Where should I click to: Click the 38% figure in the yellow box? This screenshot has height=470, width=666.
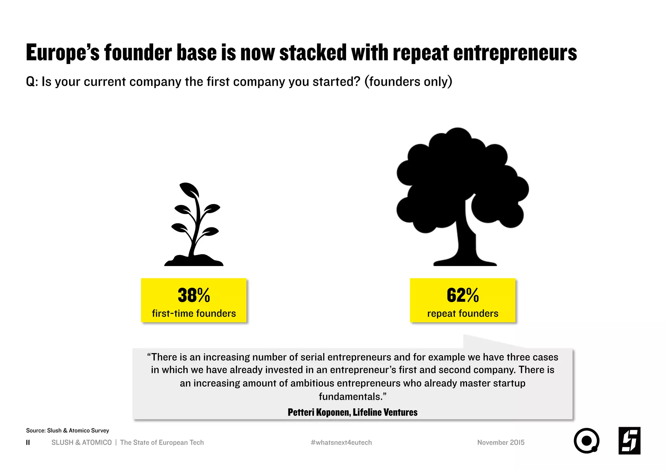click(194, 295)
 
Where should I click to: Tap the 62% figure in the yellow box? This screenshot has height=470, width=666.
click(462, 295)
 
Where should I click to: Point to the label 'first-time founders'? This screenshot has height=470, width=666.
click(194, 313)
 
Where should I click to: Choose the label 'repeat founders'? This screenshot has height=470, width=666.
click(462, 313)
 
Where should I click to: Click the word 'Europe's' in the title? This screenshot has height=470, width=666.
click(63, 53)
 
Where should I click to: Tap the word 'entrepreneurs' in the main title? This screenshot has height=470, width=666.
click(515, 53)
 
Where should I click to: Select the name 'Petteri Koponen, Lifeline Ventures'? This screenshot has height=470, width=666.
click(353, 412)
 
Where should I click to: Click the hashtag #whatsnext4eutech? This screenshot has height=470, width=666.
click(341, 442)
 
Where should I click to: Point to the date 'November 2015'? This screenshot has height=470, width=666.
click(501, 442)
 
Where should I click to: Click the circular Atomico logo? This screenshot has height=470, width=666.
click(586, 441)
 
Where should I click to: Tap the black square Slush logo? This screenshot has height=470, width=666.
click(629, 441)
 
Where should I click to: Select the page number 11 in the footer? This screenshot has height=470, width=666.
click(28, 442)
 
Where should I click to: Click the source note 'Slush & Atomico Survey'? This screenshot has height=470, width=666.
click(67, 430)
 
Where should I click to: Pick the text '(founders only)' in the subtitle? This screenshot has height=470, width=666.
click(408, 82)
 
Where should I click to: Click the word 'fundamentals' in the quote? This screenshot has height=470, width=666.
click(350, 397)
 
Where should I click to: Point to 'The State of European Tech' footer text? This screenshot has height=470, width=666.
click(162, 442)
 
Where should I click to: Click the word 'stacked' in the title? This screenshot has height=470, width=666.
click(313, 53)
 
